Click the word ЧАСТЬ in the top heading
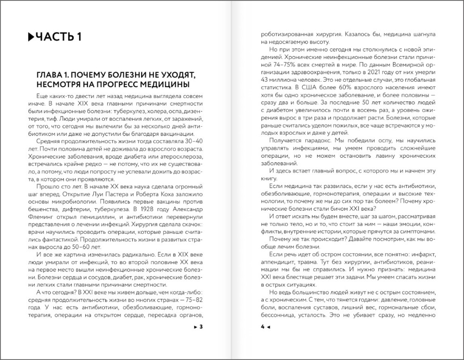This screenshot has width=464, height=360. click(55, 37)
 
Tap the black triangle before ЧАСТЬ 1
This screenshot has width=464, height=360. click(31, 37)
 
